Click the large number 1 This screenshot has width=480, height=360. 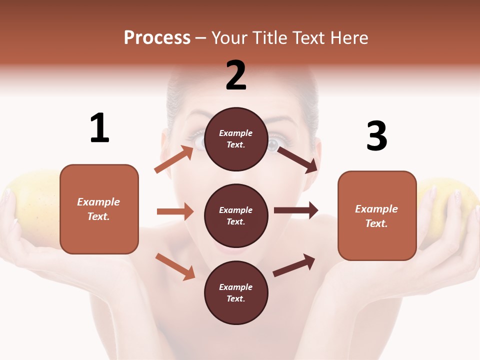pyautogui.click(x=99, y=128)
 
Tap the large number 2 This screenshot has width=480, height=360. pyautogui.click(x=236, y=75)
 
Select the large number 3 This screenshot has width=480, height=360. pyautogui.click(x=376, y=136)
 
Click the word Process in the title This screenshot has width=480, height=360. pyautogui.click(x=157, y=38)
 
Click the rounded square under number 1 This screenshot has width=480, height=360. pyautogui.click(x=99, y=209)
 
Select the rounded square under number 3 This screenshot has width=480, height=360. pyautogui.click(x=377, y=215)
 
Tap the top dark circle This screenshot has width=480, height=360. pyautogui.click(x=236, y=139)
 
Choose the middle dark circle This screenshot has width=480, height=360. pyautogui.click(x=236, y=215)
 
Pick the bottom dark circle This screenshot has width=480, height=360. pyautogui.click(x=236, y=292)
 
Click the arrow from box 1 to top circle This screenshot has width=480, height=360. pyautogui.click(x=174, y=159)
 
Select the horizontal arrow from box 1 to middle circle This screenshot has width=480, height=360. pyautogui.click(x=175, y=212)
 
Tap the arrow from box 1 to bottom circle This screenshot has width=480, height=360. pyautogui.click(x=175, y=266)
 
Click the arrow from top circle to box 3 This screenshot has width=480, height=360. pyautogui.click(x=297, y=159)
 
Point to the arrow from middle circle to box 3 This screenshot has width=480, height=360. pyautogui.click(x=296, y=210)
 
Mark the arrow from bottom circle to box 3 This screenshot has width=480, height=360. pyautogui.click(x=294, y=265)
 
